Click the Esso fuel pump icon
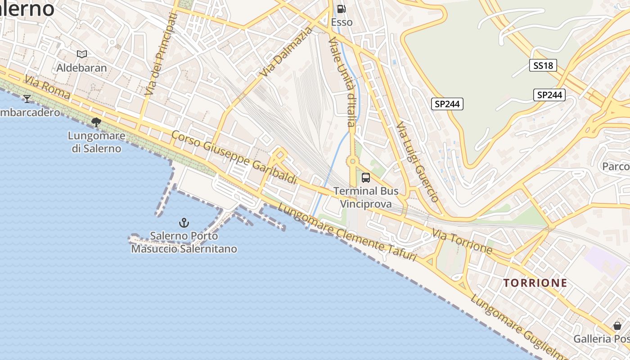(342, 9)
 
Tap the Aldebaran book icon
(81, 54)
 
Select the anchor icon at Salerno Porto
(184, 222)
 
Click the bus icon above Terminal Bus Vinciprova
(366, 178)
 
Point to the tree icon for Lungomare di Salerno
(96, 122)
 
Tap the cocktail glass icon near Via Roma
(27, 99)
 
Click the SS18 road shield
(543, 66)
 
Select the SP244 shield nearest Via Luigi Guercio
(447, 104)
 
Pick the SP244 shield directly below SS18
(549, 95)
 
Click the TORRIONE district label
(535, 283)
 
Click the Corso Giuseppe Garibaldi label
(234, 157)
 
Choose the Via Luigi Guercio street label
(418, 162)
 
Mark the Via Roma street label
(47, 87)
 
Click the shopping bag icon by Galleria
(617, 326)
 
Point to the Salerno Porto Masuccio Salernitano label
(184, 242)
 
